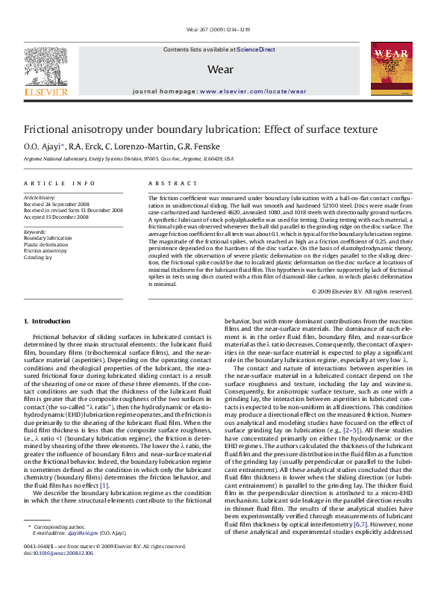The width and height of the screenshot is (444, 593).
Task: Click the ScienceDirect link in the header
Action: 256,49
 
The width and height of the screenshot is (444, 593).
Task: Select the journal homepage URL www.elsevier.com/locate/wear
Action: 253,91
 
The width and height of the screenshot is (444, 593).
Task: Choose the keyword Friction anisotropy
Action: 46,250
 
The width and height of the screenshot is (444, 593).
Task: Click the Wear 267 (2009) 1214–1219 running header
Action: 222,31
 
